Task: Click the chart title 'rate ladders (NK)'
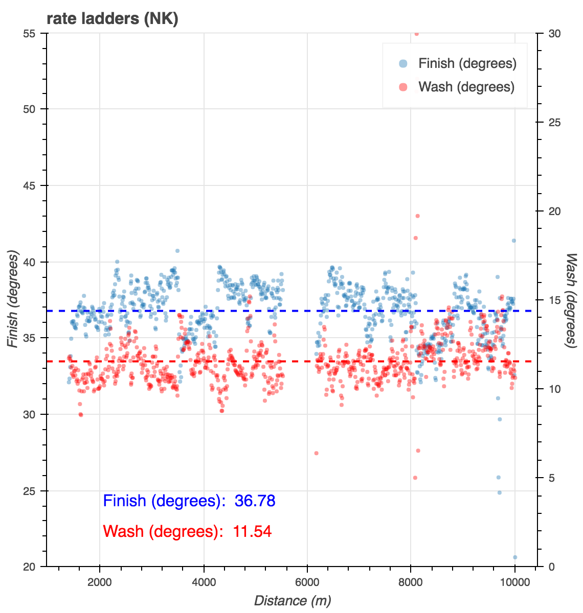coord(112,19)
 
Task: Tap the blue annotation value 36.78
coord(255,501)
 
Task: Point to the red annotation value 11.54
coord(252,532)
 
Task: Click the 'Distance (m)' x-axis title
coord(293,601)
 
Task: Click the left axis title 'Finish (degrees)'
coord(13,300)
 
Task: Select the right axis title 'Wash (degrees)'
coord(571,300)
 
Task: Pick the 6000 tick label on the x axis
coord(307,582)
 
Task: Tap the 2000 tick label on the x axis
coord(100,582)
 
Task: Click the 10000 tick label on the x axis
coord(515,582)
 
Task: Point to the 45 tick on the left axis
coord(35,185)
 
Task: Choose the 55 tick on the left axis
coord(35,33)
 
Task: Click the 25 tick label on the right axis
coord(554,123)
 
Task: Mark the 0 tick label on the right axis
coord(551,567)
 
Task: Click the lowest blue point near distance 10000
coord(515,557)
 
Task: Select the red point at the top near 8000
coord(416,34)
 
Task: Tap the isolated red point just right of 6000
coord(316,453)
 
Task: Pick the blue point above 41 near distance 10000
coord(514,241)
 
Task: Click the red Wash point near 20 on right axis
coord(417,216)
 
